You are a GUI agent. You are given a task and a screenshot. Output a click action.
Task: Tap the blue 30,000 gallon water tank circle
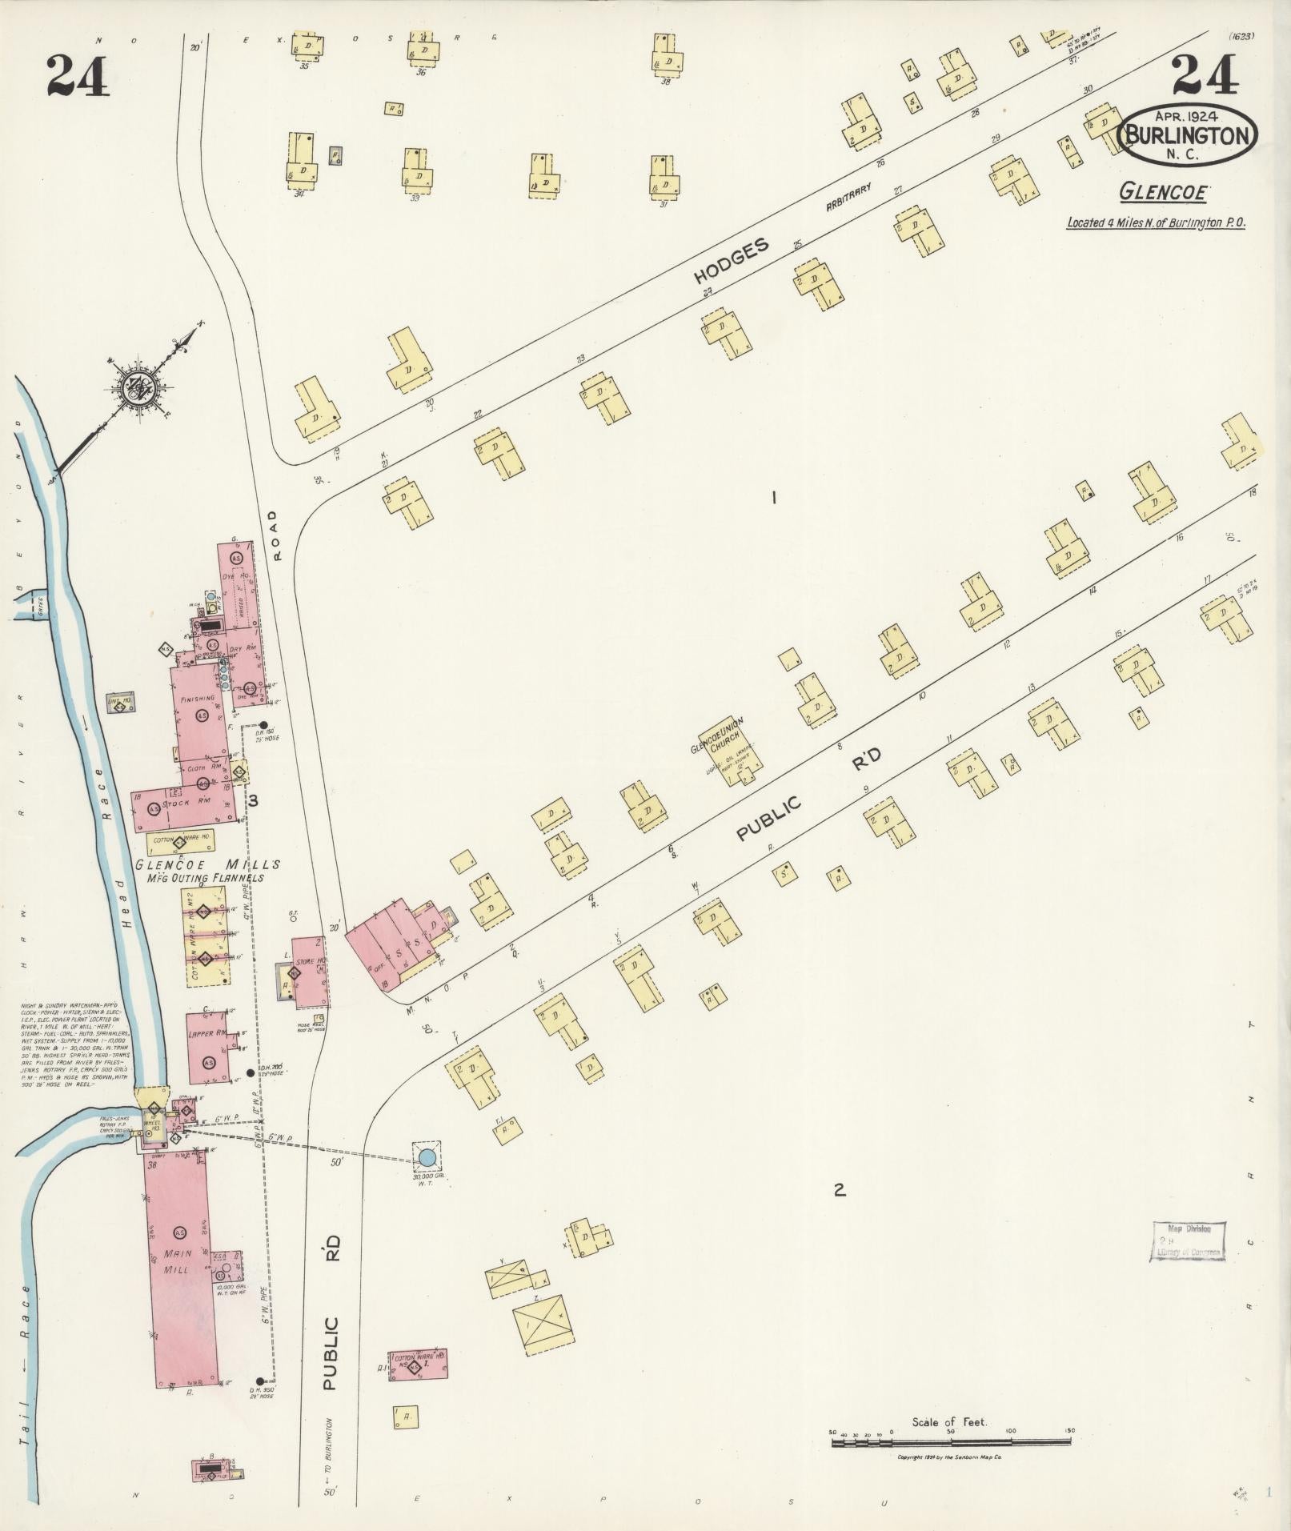[427, 1156]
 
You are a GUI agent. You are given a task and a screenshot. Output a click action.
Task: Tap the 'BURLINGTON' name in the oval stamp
[1188, 135]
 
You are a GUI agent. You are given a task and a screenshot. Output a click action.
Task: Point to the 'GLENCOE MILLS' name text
[207, 865]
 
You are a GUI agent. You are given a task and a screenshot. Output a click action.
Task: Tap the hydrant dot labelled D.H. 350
[260, 1381]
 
